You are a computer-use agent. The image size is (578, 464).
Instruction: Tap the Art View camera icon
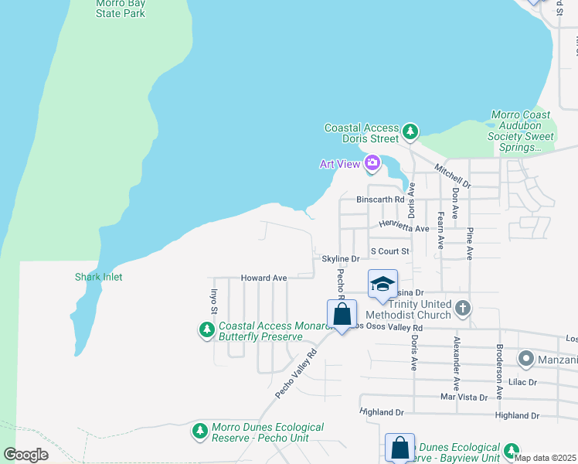(x=372, y=163)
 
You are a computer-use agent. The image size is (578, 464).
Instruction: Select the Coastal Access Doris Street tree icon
(x=411, y=132)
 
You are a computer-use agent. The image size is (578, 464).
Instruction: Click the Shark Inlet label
(x=98, y=277)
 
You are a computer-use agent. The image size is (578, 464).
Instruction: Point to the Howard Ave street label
(x=263, y=278)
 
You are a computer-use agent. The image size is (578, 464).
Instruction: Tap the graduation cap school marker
(x=383, y=285)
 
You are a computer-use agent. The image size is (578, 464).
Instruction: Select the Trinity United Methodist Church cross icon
(x=462, y=309)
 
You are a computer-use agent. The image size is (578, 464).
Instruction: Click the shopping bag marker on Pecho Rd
(x=342, y=315)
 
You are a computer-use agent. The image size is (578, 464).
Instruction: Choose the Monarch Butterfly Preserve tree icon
(x=206, y=331)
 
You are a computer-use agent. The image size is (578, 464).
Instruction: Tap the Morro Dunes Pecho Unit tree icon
(x=200, y=430)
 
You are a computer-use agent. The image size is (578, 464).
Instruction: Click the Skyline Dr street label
(x=341, y=259)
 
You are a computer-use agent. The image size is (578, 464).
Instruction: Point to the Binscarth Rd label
(x=380, y=200)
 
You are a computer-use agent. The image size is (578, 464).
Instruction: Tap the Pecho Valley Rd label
(x=296, y=375)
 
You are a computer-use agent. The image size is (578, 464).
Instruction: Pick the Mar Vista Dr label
(x=464, y=397)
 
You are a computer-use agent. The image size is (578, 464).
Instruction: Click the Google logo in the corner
(x=25, y=455)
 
